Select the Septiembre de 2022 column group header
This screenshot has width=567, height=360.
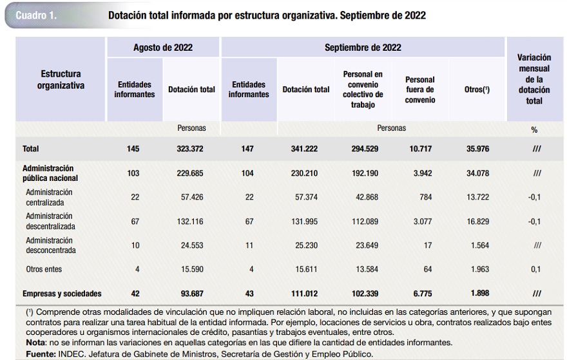(363, 48)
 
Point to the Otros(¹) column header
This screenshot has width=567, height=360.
(477, 90)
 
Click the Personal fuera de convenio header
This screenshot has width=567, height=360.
(420, 90)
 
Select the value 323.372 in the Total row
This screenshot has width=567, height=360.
(191, 149)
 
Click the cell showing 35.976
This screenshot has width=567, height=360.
(477, 149)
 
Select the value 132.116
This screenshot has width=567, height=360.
(191, 222)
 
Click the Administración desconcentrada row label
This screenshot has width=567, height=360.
(50, 245)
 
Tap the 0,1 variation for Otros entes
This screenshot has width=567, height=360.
(534, 269)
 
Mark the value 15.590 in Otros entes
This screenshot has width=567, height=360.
(191, 269)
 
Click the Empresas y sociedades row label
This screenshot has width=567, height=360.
(62, 294)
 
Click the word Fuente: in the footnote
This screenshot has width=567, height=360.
(40, 354)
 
